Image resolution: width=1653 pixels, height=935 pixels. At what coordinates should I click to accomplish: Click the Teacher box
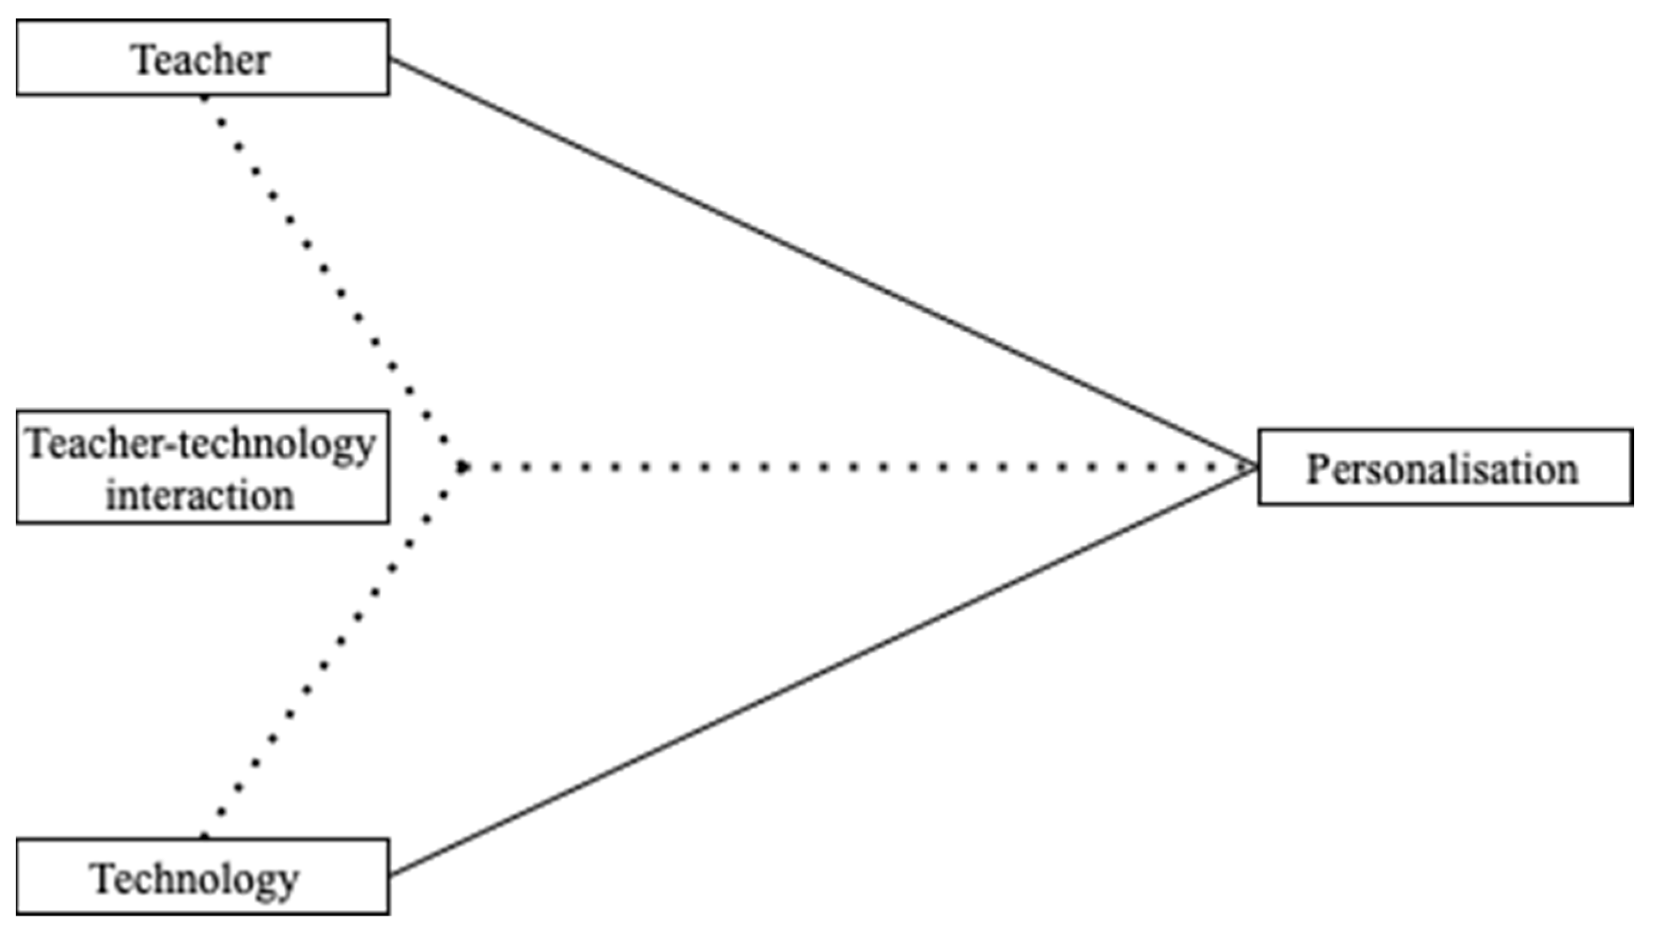[202, 58]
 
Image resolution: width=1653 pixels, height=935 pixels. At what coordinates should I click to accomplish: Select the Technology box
[202, 876]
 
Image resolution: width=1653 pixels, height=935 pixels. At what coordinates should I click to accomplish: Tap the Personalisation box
[1445, 467]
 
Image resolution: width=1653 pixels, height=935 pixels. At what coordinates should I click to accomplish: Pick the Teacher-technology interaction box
[202, 467]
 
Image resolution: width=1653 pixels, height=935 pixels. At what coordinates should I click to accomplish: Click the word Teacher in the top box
[201, 60]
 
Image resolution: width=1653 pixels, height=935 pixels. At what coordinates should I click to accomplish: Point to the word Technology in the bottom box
[196, 879]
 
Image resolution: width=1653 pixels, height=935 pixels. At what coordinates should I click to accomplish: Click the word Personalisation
[1442, 469]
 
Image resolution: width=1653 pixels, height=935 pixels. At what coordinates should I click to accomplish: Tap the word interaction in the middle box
[200, 496]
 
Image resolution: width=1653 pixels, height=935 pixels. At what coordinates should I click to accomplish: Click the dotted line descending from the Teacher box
[324, 269]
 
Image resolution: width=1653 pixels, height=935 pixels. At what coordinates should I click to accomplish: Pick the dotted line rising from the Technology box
[324, 665]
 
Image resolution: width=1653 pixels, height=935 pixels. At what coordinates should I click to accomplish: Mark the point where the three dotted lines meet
[462, 467]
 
